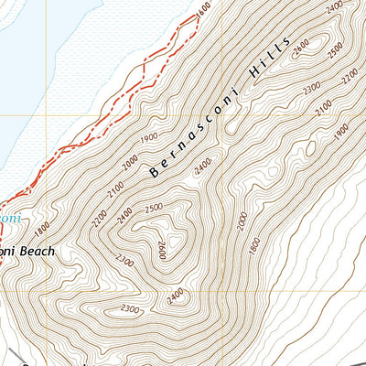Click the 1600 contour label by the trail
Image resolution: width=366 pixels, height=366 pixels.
(202, 8)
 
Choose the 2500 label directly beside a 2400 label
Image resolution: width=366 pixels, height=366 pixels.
(154, 208)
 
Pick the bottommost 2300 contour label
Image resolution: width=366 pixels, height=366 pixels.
(130, 310)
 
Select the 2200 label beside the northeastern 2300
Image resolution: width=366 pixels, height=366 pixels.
(346, 80)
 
